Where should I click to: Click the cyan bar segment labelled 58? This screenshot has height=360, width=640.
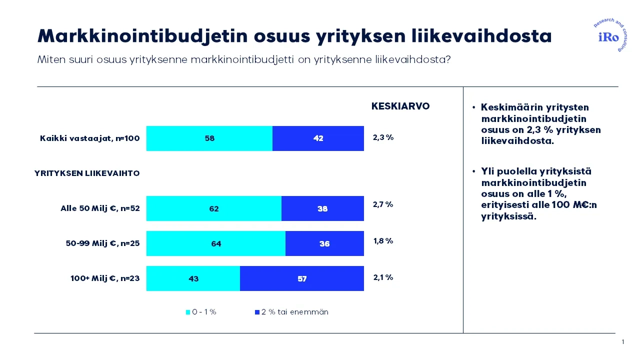point(209,138)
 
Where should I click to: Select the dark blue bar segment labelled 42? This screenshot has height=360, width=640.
point(318,138)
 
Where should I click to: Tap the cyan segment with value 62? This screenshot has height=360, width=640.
point(213,208)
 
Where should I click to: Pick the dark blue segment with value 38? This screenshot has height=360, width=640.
point(322,208)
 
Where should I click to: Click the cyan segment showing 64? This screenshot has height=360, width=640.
point(215,243)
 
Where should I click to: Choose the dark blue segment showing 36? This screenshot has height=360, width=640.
point(324,243)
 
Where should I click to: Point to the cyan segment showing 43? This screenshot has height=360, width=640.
point(193,278)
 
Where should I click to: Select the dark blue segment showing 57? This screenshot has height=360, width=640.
point(302,278)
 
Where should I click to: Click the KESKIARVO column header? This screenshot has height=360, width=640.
point(400,106)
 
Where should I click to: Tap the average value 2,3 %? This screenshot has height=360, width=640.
point(383,137)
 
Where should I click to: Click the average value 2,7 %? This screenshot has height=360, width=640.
point(383,204)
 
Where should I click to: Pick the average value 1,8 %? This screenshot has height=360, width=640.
point(383,241)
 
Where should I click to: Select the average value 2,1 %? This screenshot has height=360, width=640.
point(383,277)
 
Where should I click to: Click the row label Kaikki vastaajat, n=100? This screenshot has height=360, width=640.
point(89,138)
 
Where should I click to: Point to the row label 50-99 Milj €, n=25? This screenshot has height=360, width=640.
point(102,243)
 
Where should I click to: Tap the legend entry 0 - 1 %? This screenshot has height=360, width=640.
point(201,312)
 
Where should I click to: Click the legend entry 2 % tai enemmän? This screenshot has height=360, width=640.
point(291,312)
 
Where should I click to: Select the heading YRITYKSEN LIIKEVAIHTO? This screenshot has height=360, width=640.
point(87,173)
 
